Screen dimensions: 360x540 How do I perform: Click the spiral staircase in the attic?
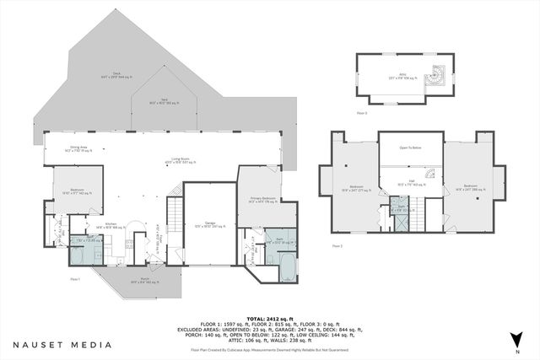click(x=438, y=77)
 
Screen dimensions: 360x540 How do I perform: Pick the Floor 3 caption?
click(x=362, y=112)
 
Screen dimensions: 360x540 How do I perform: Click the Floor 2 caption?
click(x=337, y=246)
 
